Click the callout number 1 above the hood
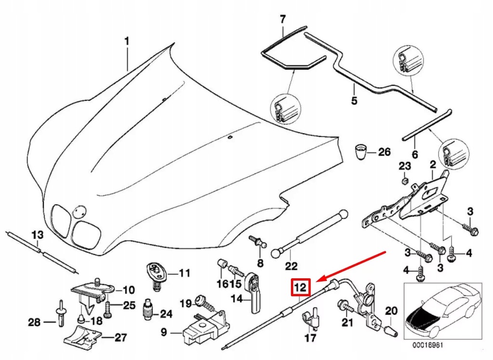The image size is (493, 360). click(x=127, y=42)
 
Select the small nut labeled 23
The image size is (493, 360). click(x=405, y=181)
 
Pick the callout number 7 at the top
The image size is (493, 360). click(x=283, y=19)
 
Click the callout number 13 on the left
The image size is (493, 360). click(x=37, y=235)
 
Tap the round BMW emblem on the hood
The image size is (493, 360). click(x=78, y=211)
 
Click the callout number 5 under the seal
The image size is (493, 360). click(x=354, y=102)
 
